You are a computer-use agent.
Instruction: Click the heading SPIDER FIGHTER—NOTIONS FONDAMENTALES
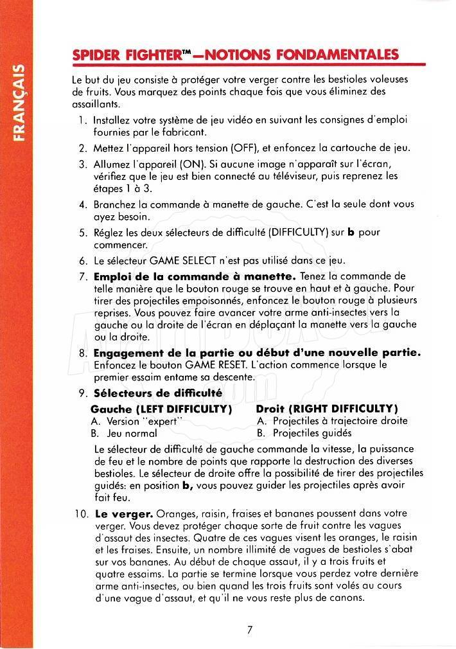[x=235, y=55]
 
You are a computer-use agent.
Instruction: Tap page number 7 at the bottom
[x=249, y=630]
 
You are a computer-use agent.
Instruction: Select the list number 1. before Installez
[x=83, y=120]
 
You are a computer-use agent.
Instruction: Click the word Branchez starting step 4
[x=114, y=204]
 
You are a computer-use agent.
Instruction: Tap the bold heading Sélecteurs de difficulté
[x=158, y=393]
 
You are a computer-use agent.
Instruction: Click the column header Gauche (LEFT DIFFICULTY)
[x=161, y=409]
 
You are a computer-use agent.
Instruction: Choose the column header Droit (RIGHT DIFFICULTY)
[x=326, y=409]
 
